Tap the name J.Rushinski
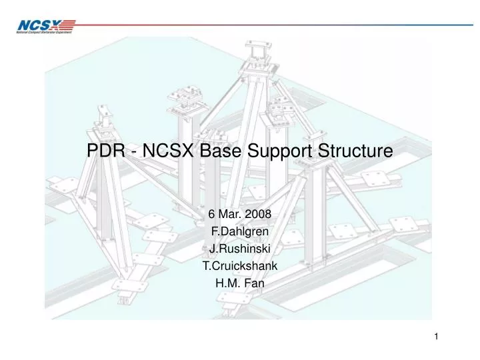point(239,249)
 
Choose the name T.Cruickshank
point(239,265)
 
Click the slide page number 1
point(436,337)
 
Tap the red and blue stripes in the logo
point(68,25)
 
